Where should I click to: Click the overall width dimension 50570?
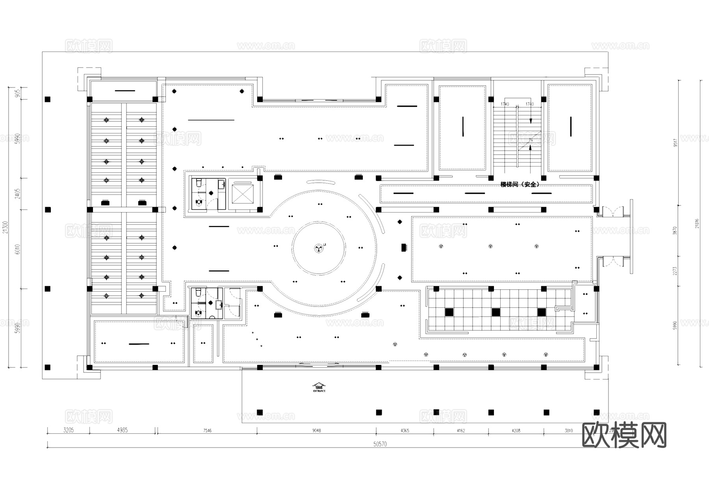click(380, 444)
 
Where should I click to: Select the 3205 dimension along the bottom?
click(69, 430)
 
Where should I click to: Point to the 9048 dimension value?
click(316, 431)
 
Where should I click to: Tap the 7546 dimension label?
click(207, 431)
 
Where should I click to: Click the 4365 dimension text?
click(405, 431)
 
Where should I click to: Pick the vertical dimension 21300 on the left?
click(5, 227)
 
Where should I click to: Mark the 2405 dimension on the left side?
click(17, 193)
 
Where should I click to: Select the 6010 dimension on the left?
click(17, 249)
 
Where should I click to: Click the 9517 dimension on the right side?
click(675, 142)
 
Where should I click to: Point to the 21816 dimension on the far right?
click(697, 224)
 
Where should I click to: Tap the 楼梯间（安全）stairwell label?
click(520, 184)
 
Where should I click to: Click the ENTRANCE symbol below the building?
click(319, 387)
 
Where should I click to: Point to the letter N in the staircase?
click(531, 140)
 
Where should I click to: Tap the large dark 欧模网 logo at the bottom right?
click(624, 435)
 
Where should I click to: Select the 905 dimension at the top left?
click(17, 93)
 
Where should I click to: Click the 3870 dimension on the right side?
click(675, 231)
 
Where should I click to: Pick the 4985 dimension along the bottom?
click(122, 430)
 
